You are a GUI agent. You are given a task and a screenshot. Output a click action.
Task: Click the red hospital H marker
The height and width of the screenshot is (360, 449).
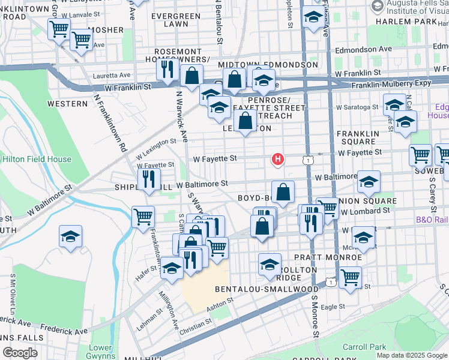(x=278, y=160)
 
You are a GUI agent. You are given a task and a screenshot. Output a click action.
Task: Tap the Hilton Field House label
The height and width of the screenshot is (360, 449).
(x=36, y=160)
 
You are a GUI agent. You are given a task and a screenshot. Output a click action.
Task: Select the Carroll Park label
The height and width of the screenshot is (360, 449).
(x=361, y=347)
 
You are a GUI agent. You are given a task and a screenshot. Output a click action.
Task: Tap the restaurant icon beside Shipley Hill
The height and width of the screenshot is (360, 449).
(x=148, y=179)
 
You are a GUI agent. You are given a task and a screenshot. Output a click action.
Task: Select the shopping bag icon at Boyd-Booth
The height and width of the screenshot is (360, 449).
(x=283, y=193)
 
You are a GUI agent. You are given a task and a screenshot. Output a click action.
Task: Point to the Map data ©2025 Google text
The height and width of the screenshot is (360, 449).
(x=411, y=355)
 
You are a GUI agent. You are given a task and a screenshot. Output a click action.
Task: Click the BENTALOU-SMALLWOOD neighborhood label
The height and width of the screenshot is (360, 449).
(x=267, y=289)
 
